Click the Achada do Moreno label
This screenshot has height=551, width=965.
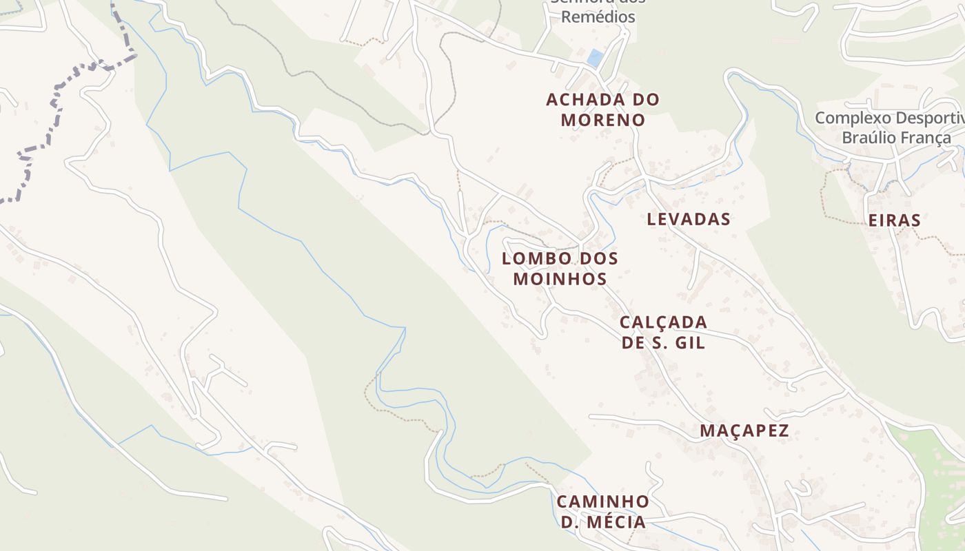[x=602, y=110]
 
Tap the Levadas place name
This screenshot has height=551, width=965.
[x=689, y=219]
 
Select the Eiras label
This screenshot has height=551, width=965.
[x=895, y=220]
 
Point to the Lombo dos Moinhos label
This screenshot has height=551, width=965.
[x=560, y=269]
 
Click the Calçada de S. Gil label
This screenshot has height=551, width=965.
[x=663, y=332]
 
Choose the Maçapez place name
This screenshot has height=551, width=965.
[x=744, y=431]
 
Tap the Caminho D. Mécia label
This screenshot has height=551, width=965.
[x=602, y=511]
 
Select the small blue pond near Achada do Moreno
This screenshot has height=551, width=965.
[x=594, y=59]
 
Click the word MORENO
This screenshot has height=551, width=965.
[x=602, y=120]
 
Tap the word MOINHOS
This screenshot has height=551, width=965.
[x=560, y=279]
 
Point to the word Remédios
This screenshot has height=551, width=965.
[x=598, y=17]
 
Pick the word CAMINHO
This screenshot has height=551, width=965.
[x=602, y=501]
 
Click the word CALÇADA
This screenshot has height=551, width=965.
[x=663, y=322]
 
